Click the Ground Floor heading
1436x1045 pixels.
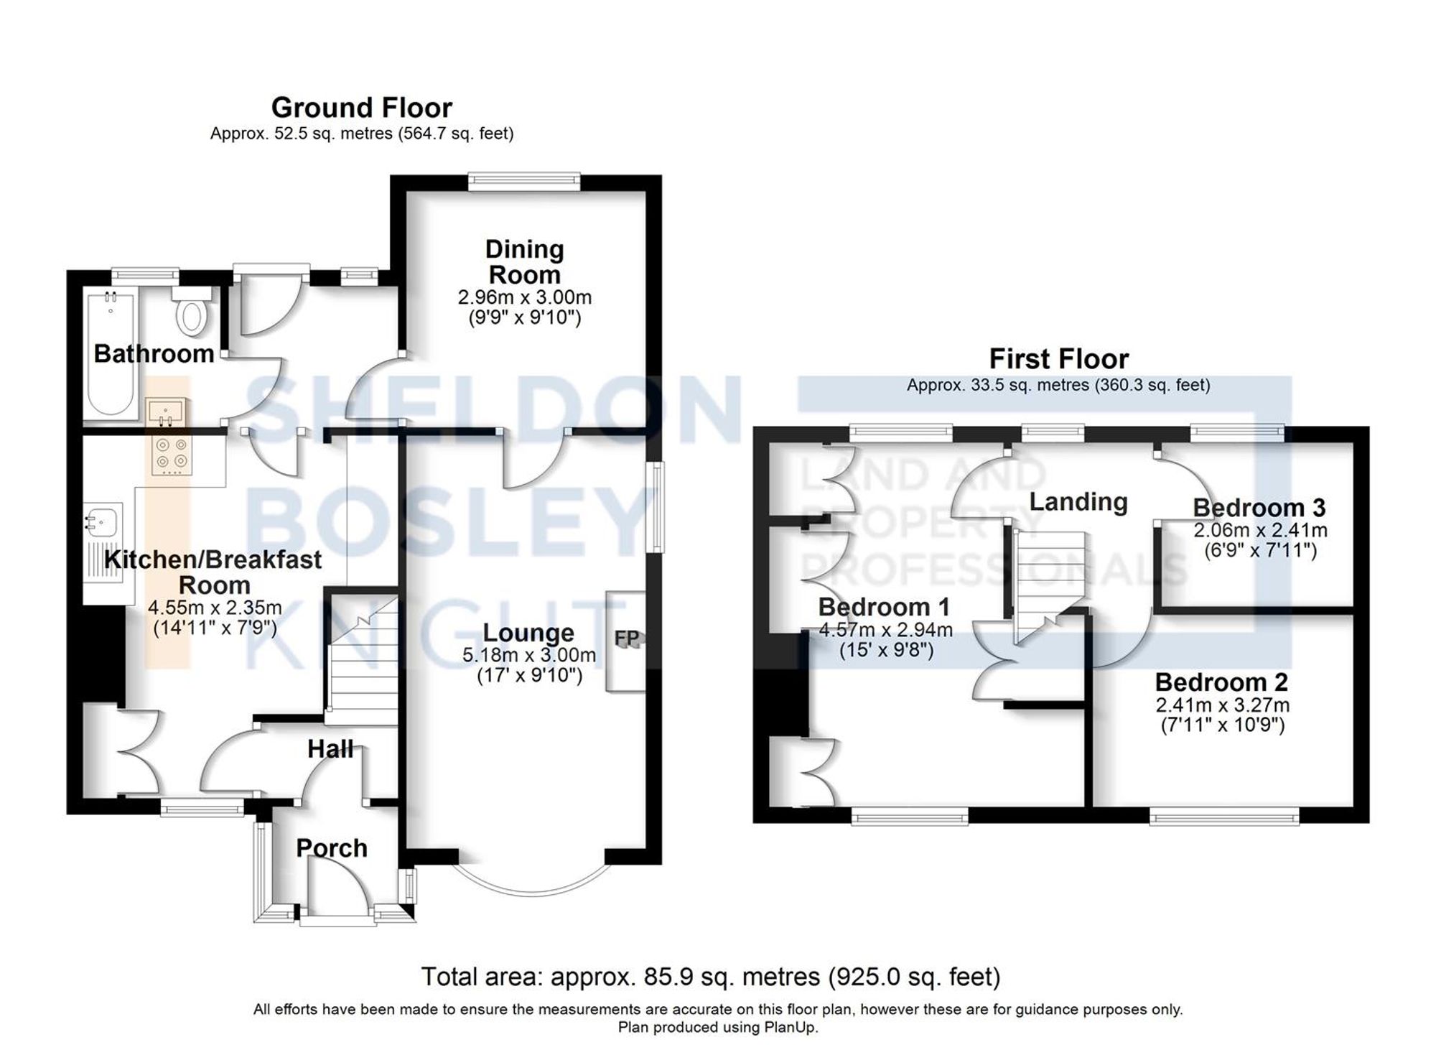tap(361, 108)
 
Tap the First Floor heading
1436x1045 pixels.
tap(1058, 358)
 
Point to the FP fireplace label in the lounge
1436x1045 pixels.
tap(626, 638)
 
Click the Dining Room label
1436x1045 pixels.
tap(524, 261)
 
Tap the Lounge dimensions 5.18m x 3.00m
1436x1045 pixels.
tap(529, 655)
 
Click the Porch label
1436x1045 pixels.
tap(332, 848)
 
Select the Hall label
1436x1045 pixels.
tap(330, 749)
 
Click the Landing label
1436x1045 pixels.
tap(1078, 501)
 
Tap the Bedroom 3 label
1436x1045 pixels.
tap(1259, 508)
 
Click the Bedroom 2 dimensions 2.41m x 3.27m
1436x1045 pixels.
tap(1222, 705)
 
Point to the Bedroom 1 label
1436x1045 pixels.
tap(883, 607)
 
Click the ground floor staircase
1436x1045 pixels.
tap(363, 661)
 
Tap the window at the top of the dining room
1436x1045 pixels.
tap(524, 180)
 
